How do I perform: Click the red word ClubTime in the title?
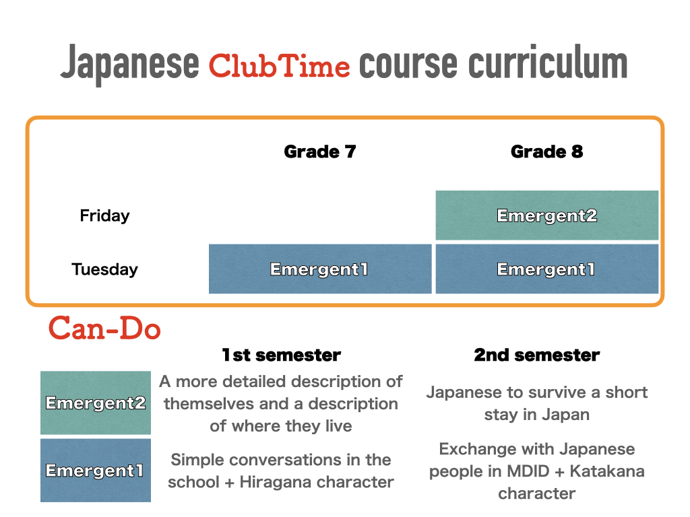[x=280, y=66]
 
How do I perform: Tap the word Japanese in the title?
[x=130, y=64]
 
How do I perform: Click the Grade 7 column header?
[x=320, y=151]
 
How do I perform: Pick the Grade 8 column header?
[x=547, y=151]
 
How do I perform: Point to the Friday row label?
[x=104, y=216]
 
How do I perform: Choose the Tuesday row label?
[x=104, y=269]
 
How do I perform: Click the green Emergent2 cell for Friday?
[x=547, y=215]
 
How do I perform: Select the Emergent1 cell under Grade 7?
[x=320, y=269]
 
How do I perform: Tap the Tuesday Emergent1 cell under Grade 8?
[x=547, y=269]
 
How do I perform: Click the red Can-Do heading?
[x=104, y=328]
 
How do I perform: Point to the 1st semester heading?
[x=281, y=355]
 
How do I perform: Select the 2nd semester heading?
[x=537, y=355]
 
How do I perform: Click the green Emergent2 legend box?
[x=96, y=403]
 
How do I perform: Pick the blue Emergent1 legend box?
[x=96, y=471]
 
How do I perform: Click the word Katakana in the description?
[x=607, y=471]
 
